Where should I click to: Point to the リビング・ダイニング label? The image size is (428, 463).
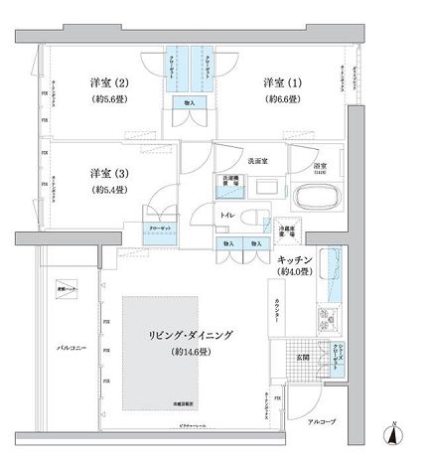(x=189, y=336)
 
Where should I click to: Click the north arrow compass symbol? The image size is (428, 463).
(x=395, y=435)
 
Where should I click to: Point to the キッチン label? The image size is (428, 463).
(x=295, y=259)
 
